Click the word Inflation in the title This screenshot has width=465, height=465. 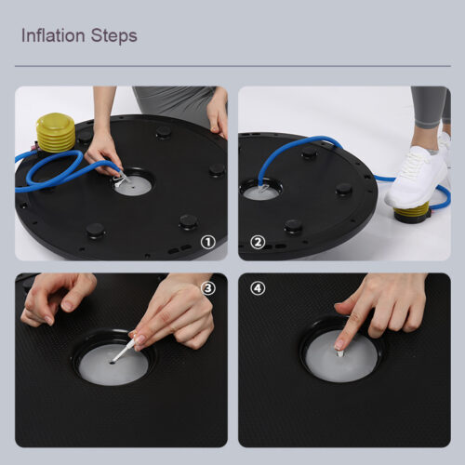click(53, 35)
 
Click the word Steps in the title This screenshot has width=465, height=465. click(113, 36)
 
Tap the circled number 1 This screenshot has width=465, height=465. click(207, 242)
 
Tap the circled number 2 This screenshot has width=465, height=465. click(258, 242)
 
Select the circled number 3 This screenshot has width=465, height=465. click(207, 288)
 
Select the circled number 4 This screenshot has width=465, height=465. click(258, 288)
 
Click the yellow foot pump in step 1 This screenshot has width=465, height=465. click(56, 133)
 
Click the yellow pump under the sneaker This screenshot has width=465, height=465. click(412, 213)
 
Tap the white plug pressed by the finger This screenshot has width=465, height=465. click(340, 353)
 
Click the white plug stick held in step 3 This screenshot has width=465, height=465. click(125, 350)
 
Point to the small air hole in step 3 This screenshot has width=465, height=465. click(112, 362)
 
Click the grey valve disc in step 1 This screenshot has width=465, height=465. click(133, 185)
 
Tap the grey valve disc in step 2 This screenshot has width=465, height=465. click(259, 193)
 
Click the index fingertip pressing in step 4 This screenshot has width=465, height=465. click(339, 345)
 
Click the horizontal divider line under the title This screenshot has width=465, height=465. click(232, 66)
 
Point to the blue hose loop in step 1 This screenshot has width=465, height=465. click(53, 169)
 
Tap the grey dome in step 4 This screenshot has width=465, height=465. click(341, 356)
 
